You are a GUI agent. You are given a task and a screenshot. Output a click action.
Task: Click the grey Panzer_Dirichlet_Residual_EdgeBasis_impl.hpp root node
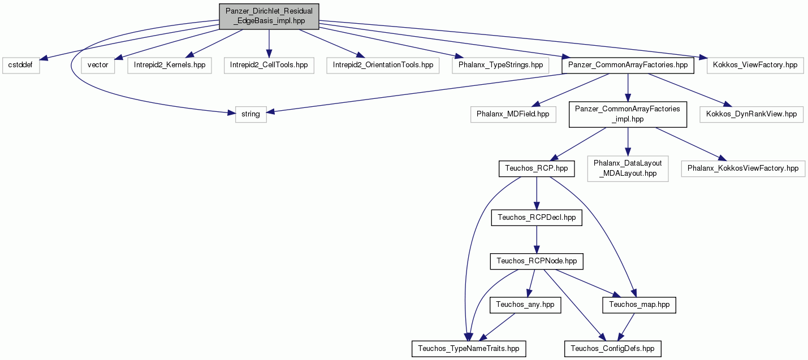269,16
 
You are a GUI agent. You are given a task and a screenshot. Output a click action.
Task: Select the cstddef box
20,65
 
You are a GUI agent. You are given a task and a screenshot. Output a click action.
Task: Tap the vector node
98,65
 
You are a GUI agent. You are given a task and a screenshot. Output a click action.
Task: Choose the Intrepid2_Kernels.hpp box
170,65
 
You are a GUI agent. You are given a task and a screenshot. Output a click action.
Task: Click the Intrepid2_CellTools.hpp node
269,65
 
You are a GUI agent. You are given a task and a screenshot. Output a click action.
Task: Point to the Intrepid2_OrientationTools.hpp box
383,65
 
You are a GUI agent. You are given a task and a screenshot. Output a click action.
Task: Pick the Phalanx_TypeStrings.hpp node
500,65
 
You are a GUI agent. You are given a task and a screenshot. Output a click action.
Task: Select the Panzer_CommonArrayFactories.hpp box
628,65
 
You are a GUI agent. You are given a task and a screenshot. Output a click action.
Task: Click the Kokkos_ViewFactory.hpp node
755,65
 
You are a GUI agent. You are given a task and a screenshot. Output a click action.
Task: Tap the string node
250,114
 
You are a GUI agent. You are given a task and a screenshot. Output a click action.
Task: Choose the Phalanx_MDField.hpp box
513,114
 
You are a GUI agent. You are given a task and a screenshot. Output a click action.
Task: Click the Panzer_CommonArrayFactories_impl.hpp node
628,114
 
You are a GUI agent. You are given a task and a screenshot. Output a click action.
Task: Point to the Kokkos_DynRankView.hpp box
751,114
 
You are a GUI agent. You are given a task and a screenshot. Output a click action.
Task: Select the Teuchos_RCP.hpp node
537,168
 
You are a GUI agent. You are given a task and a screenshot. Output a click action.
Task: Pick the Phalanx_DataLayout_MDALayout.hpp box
628,168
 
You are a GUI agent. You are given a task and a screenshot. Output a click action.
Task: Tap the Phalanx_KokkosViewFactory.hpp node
743,168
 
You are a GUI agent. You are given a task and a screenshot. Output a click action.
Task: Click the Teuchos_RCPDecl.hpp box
537,218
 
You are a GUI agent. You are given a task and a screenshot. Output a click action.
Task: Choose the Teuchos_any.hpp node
525,305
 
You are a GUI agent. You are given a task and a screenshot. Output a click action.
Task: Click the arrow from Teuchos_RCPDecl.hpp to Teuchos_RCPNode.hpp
537,240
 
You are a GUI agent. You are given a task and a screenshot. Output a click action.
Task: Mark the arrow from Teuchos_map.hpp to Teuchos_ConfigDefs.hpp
626,327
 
